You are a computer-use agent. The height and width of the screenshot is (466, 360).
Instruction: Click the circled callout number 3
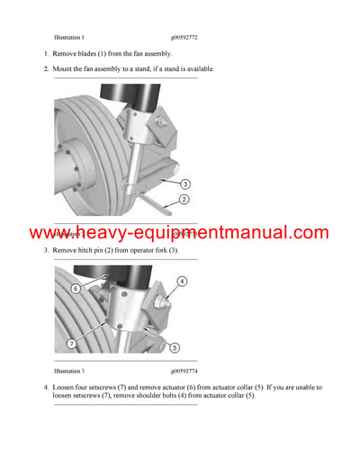[x=184, y=184]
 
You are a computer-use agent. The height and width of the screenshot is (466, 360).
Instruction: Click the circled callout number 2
[x=184, y=199]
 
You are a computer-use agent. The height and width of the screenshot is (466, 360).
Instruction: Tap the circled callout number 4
[x=182, y=282]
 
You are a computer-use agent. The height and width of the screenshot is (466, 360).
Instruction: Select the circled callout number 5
[x=174, y=347]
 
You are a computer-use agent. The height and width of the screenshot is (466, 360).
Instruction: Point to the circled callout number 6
[x=76, y=289]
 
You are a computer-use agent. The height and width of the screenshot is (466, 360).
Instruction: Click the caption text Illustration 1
[x=69, y=38]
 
